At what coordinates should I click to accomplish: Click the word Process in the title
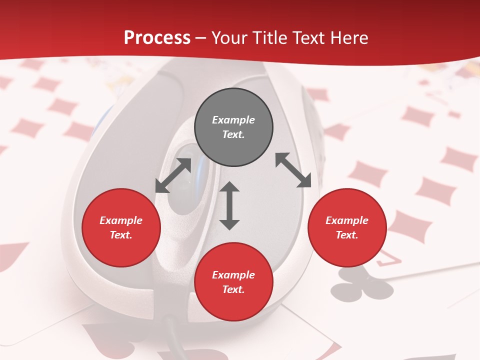point(157,38)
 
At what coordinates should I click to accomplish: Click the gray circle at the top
point(233,127)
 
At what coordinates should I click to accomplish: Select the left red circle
point(121,228)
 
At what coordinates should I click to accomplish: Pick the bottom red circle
point(233,282)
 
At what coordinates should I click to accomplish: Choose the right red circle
point(347,228)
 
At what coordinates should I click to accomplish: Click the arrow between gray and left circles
point(173,175)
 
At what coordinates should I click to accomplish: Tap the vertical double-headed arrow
point(229,206)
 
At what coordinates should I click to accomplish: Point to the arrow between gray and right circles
point(293,170)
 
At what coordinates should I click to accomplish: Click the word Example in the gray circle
point(233,120)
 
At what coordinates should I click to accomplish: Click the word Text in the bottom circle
point(233,289)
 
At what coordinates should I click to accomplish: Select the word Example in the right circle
point(347,220)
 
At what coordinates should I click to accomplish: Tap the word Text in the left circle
point(121,235)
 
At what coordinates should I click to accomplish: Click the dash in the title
point(201,38)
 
